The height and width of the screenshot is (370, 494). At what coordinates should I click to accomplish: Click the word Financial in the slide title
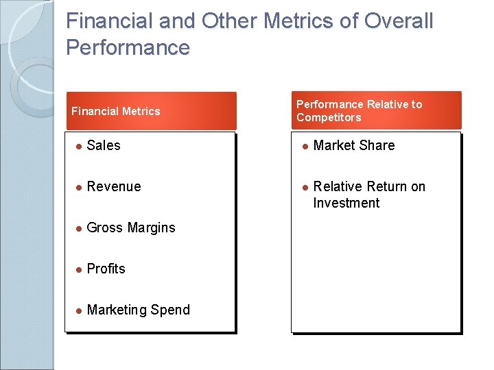coord(109,21)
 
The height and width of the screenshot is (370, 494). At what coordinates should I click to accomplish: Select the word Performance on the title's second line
coord(128,47)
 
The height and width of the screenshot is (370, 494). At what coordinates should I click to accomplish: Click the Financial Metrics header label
coord(116,111)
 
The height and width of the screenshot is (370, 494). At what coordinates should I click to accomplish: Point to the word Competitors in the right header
coord(329,117)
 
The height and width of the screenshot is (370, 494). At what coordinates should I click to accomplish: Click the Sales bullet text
coord(104,145)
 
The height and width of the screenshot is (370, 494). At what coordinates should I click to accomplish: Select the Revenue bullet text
coord(114,186)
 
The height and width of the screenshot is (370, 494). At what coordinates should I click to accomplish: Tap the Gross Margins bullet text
coord(131,227)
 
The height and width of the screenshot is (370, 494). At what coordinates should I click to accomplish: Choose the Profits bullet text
coord(106,269)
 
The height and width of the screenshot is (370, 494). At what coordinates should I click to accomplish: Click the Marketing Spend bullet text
coord(139,310)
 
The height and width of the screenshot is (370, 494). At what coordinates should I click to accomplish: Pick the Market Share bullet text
coord(354,145)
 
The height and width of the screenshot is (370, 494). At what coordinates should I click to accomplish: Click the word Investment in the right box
coord(346,203)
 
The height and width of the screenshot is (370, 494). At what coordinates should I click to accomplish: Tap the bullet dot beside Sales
coord(79,146)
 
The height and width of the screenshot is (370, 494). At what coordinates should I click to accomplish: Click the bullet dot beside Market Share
coord(305,146)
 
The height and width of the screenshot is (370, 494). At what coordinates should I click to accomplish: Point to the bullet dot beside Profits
coord(79,269)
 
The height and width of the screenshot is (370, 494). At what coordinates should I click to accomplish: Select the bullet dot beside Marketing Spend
coord(79,310)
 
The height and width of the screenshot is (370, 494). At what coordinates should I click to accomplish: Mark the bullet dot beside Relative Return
coord(305,187)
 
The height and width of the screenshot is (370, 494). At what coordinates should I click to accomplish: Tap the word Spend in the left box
coord(170,310)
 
